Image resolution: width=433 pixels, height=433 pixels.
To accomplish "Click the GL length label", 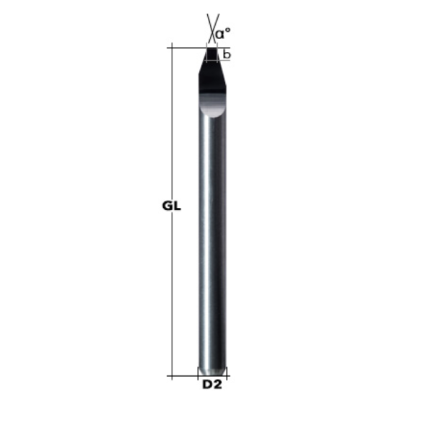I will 171,206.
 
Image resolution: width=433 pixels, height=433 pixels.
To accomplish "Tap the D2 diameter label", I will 211,385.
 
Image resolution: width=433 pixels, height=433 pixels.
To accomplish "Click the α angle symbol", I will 221,32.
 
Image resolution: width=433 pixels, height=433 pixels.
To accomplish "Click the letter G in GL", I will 166,206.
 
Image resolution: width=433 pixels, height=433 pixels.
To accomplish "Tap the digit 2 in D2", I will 217,385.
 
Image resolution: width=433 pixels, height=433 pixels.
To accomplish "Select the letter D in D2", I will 206,385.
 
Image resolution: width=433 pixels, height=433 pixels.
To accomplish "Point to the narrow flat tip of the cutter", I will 212,49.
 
